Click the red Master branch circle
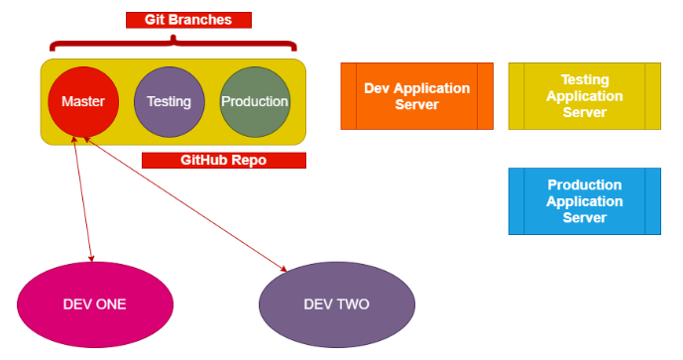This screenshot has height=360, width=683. (83, 101)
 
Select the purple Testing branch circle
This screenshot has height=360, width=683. (169, 101)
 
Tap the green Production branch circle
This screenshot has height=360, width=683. (255, 101)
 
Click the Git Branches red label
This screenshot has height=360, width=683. (188, 20)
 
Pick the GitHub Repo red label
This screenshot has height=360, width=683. (223, 160)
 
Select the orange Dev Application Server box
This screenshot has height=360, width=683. (416, 96)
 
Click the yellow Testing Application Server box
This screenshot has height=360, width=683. (584, 96)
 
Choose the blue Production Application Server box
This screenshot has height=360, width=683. (584, 201)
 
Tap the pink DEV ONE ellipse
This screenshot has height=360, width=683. (94, 303)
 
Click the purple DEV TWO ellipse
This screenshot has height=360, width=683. (336, 303)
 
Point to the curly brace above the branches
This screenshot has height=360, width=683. (173, 43)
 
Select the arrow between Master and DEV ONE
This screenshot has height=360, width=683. (83, 198)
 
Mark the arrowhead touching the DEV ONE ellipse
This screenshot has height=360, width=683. (91, 256)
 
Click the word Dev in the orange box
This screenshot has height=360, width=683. (378, 88)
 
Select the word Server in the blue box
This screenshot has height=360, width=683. (584, 217)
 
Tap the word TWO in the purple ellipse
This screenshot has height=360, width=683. (353, 303)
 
